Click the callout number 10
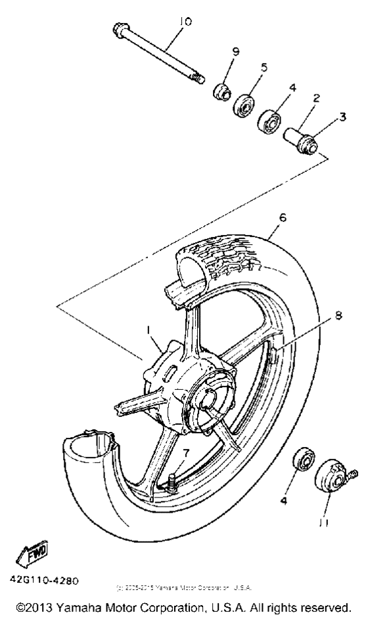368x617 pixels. [185, 22]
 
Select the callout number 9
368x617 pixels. [235, 51]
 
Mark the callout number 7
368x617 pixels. [185, 453]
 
